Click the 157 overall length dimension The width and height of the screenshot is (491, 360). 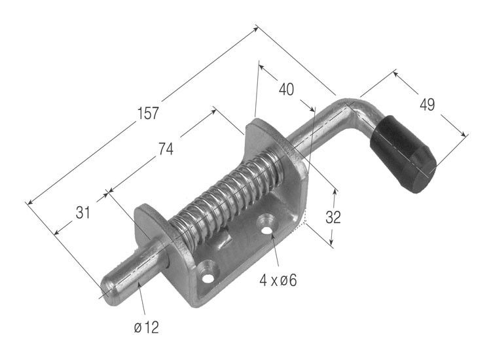click(148, 113)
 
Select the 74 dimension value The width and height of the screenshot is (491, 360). click(166, 149)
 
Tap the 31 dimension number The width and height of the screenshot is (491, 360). click(82, 213)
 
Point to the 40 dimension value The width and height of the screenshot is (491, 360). click(287, 90)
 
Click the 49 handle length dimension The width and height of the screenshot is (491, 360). click(427, 105)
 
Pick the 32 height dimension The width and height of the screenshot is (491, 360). click(333, 217)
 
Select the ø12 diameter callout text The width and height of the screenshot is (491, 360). click(146, 328)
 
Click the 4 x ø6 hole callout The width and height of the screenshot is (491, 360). click(278, 280)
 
